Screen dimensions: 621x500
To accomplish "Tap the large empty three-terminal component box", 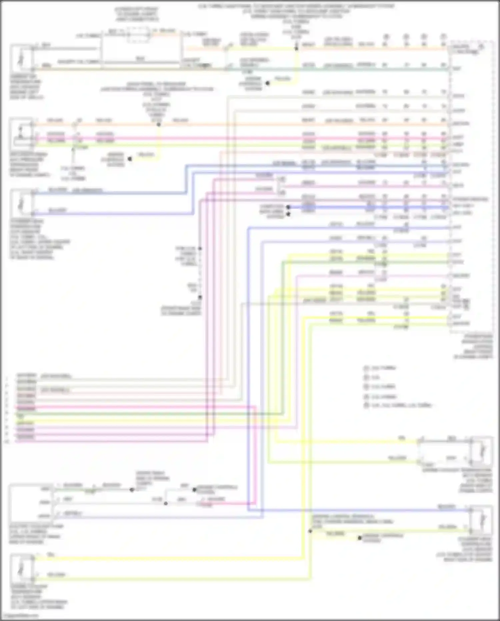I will coord(31,502).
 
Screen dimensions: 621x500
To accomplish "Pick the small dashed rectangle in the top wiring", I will coord(138,35).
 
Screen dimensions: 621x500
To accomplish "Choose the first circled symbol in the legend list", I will coord(366,368).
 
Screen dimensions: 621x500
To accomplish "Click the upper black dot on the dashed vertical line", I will coord(200,249).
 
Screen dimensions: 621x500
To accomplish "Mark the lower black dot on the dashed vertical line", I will coord(200,297).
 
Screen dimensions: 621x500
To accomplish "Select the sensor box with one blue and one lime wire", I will coord(480,521).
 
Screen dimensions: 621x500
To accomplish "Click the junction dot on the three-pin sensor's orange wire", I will coord(159,124).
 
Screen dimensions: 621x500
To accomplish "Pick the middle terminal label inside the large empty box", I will coord(45,502).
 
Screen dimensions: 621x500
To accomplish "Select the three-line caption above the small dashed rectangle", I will coord(137,14).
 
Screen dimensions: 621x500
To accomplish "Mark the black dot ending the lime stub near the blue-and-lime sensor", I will coord(360,538).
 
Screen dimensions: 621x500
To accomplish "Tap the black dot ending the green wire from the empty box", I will coord(132,490).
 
